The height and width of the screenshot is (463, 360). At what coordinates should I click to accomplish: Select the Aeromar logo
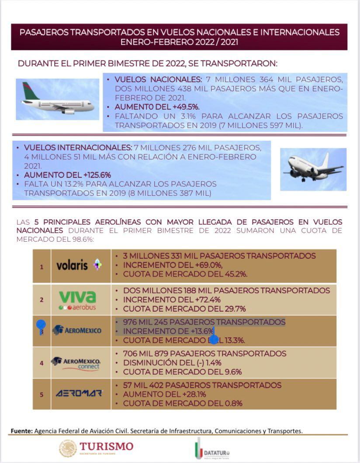79,393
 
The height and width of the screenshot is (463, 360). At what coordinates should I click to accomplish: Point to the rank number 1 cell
42,266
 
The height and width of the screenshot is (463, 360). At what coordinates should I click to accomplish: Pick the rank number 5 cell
42,394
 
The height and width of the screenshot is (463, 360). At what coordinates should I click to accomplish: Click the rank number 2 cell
42,300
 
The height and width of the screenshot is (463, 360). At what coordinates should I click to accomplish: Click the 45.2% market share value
235,274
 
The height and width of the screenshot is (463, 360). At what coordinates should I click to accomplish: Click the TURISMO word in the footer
106,446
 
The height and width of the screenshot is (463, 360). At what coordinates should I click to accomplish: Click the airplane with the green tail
57,99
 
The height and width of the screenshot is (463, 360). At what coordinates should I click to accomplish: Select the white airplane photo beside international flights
313,169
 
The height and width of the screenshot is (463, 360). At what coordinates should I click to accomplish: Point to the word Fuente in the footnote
21,431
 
